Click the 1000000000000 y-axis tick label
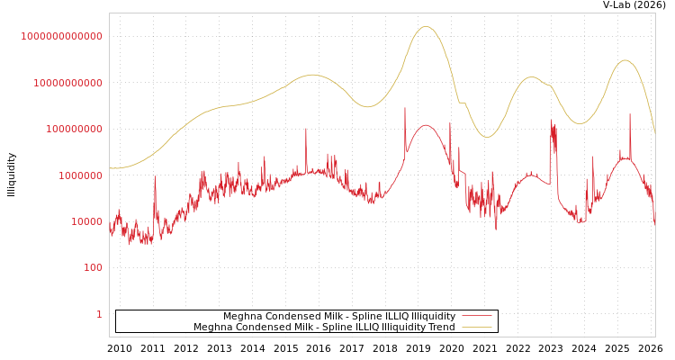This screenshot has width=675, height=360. [62, 36]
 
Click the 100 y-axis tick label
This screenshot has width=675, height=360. [93, 268]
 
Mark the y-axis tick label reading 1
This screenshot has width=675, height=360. [99, 314]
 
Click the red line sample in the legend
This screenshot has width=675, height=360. [476, 317]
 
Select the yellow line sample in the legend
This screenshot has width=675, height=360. [476, 328]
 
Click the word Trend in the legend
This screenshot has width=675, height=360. [441, 328]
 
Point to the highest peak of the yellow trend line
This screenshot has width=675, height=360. [426, 27]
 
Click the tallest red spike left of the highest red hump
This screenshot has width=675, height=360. [405, 108]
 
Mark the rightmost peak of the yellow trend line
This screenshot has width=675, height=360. [625, 60]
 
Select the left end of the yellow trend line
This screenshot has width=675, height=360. [110, 168]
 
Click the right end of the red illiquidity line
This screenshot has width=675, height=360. [654, 222]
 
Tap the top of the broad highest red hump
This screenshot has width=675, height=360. [426, 125]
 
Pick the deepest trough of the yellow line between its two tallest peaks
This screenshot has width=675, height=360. [486, 137]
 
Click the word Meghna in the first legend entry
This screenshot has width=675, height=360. [242, 317]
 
